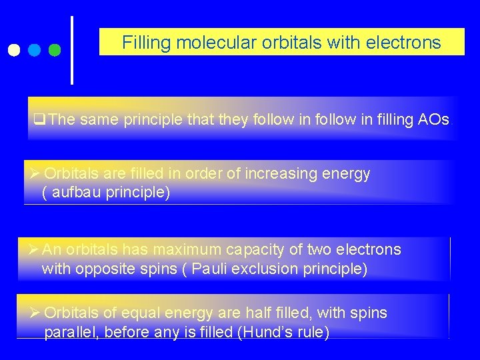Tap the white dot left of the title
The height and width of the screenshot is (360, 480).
pyautogui.click(x=14, y=49)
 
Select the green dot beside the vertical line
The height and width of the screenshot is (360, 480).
pyautogui.click(x=55, y=49)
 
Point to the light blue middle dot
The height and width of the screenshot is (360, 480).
pyautogui.click(x=35, y=49)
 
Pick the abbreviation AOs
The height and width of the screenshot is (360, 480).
pyautogui.click(x=433, y=120)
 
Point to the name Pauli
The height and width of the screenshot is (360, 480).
pyautogui.click(x=213, y=269)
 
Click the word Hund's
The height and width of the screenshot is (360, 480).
pyautogui.click(x=280, y=333)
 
